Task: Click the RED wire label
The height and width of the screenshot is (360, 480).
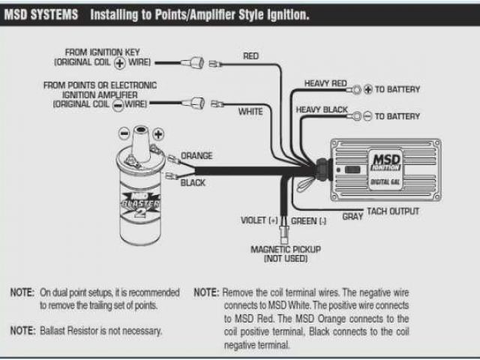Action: click(x=252, y=56)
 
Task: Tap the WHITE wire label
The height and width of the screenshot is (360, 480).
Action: click(x=250, y=112)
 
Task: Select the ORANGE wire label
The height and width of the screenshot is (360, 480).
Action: click(x=197, y=156)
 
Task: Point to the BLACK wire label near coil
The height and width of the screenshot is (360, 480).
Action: click(x=193, y=182)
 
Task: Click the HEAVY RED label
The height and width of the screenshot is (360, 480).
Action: click(x=325, y=82)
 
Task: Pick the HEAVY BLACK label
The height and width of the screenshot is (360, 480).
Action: click(x=322, y=110)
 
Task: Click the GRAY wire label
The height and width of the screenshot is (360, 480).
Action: click(x=352, y=216)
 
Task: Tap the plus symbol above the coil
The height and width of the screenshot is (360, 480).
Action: click(x=158, y=133)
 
